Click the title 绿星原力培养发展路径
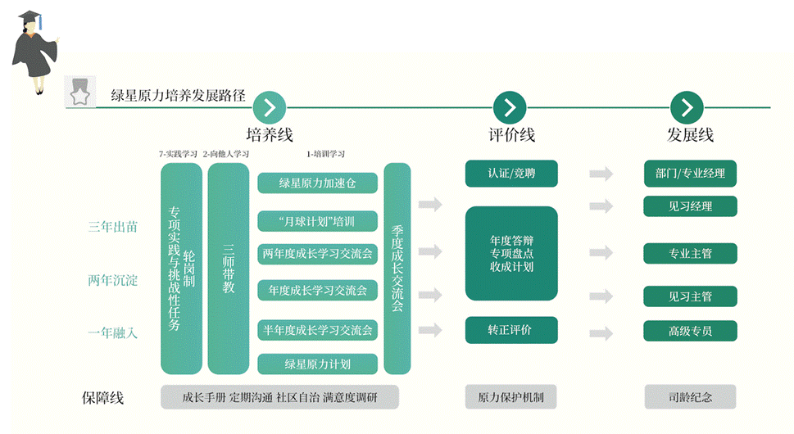[x=178, y=95]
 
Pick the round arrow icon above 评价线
[x=509, y=106]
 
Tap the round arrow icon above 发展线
[x=687, y=106]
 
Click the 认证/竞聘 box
[x=511, y=174]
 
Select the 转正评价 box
[x=511, y=330]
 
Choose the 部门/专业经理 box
[x=690, y=174]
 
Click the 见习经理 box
[x=690, y=206]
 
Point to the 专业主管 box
[x=690, y=254]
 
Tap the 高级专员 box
[x=690, y=331]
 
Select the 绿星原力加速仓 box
[x=317, y=183]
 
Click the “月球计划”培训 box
[x=317, y=221]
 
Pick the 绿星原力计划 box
[x=317, y=364]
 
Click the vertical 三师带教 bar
[x=228, y=269]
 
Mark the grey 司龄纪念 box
[x=690, y=397]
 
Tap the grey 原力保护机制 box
[x=511, y=397]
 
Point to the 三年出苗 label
[x=113, y=227]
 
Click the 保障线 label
[x=103, y=398]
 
